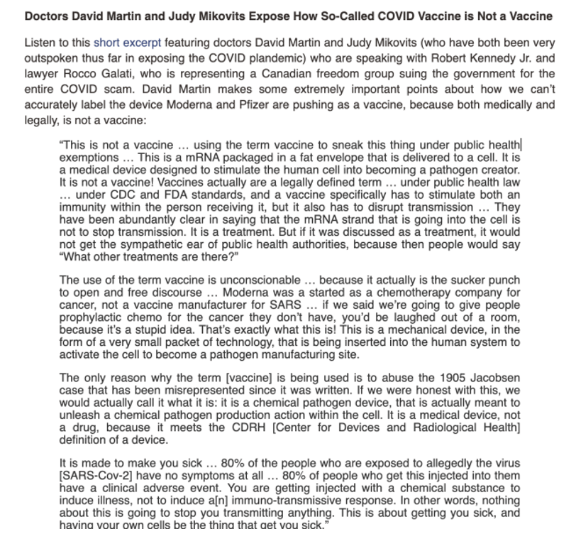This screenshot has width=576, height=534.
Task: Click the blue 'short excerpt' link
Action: pos(120,44)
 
